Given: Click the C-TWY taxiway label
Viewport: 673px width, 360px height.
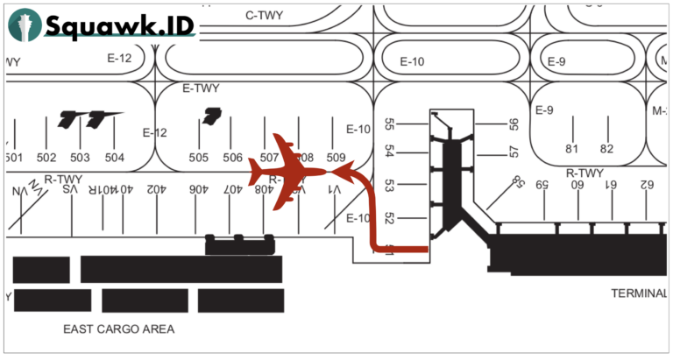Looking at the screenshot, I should pos(262,14).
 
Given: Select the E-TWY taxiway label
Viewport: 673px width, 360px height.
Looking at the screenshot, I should pos(201,88).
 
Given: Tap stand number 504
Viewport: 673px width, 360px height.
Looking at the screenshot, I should pos(114,158).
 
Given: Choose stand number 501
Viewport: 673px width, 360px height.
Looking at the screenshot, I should pos(12,158).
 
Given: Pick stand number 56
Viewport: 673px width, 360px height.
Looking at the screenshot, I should pos(514,125).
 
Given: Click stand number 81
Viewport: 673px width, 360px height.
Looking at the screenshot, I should pos(572,149).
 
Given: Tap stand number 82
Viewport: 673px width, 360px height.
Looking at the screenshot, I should pos(606,149).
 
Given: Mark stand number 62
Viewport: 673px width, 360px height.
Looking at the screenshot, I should pos(647,185).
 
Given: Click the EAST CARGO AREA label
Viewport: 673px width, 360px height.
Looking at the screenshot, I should pos(119,329).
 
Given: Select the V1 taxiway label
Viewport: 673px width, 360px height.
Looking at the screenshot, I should pos(334,188).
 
